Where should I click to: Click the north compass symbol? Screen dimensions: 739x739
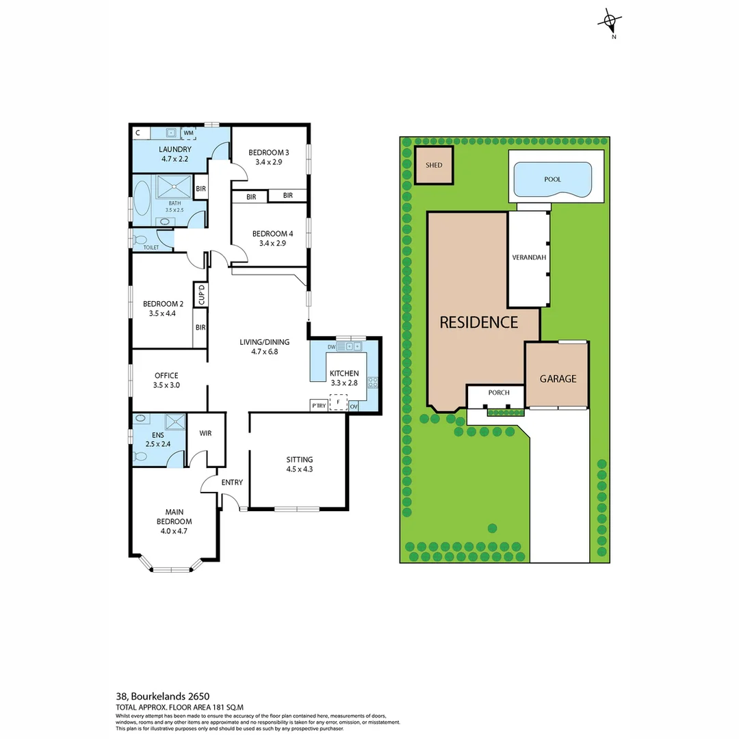[609, 22]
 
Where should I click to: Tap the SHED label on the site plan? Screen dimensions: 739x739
[434, 166]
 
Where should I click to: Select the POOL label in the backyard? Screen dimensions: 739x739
[552, 179]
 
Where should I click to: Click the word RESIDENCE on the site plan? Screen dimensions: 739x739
[478, 322]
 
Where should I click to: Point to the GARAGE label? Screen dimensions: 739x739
[558, 378]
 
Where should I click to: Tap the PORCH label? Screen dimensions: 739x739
[495, 393]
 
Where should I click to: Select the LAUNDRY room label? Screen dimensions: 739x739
[174, 149]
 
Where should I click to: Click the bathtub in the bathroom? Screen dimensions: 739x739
[143, 198]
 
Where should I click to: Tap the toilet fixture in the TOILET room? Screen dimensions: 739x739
[140, 240]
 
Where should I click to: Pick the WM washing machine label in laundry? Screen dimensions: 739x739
[188, 132]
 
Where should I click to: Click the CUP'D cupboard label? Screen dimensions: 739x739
[201, 295]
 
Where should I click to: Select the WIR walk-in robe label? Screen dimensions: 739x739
[205, 433]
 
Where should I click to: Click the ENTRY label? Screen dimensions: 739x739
[232, 482]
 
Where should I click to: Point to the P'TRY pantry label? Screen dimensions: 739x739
[318, 405]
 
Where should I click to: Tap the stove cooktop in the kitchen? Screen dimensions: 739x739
[373, 383]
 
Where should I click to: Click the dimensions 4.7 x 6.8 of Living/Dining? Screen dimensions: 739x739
[264, 352]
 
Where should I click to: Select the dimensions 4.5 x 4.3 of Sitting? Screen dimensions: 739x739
[300, 469]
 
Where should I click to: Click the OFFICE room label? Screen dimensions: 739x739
[166, 375]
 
